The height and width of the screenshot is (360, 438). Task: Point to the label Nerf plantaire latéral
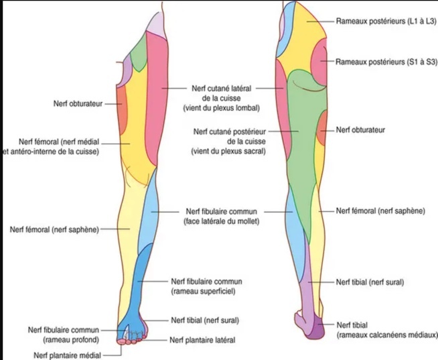point(203,340)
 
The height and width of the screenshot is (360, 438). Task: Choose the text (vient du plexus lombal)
point(222,107)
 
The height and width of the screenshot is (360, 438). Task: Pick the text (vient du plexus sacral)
point(228,152)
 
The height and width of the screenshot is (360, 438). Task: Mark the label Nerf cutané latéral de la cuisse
point(221,88)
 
